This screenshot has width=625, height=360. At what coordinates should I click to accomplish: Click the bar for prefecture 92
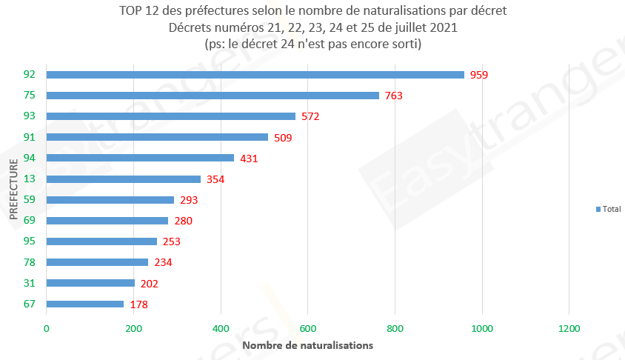pos(255,75)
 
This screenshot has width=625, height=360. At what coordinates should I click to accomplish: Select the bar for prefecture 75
pos(213,96)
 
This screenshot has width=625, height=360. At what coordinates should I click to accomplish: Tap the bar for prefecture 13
pos(124,179)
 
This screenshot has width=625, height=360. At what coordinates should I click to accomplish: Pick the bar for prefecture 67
pos(85,304)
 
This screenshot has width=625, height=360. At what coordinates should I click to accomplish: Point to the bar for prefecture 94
pos(140,158)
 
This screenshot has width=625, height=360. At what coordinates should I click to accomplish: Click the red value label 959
pos(480,75)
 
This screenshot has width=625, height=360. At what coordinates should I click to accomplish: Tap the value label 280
pos(184,221)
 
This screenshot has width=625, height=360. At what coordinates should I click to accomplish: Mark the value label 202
pos(150,283)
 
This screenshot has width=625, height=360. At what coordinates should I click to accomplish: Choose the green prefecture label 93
pos(30,116)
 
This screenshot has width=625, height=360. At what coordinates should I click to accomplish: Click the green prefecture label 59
pos(30,199)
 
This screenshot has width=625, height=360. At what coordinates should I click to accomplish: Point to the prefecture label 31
pos(30,283)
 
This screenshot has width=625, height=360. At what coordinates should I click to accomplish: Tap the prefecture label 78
pos(30,262)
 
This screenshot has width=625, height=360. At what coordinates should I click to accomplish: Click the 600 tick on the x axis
pos(307,328)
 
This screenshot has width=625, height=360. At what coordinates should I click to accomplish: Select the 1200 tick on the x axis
pos(569,328)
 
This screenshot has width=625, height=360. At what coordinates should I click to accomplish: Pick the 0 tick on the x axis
pos(47,328)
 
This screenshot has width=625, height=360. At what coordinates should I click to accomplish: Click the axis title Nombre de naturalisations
pos(307,345)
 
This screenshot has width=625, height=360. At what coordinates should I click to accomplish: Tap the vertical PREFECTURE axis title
pos(14,190)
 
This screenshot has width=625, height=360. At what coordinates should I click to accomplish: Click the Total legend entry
pos(608,210)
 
